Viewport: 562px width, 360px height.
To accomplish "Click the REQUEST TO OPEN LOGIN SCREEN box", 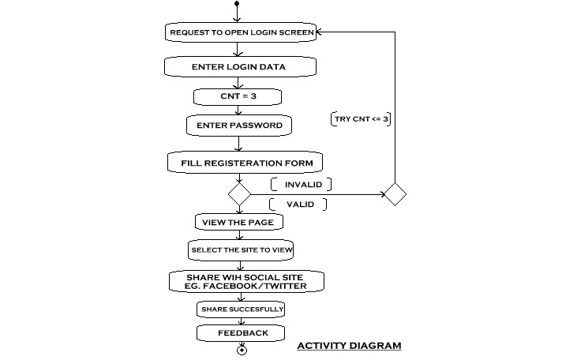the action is [241, 32].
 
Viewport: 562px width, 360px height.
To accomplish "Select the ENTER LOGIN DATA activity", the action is [240, 66].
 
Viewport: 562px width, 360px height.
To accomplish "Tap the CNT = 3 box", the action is [238, 96].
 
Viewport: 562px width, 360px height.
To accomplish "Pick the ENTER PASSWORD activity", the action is [239, 126].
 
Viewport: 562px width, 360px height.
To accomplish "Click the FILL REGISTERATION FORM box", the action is [245, 163].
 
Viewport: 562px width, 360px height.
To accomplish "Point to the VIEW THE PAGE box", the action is [239, 223].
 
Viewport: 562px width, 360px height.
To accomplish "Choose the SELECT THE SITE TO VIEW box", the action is [241, 250].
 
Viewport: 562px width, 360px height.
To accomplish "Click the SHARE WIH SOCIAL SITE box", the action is [246, 282].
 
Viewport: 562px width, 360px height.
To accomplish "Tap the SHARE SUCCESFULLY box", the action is [241, 309].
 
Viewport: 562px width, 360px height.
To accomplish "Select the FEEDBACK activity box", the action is [241, 333].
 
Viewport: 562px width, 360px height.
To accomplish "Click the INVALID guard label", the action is [301, 184].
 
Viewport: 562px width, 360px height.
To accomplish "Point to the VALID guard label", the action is [298, 204].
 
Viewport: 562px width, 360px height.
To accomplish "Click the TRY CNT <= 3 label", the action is [361, 119].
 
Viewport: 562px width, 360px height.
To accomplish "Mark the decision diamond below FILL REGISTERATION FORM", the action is [239, 194].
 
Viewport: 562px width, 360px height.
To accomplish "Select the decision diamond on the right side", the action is [395, 194].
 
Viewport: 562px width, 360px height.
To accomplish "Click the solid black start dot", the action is [237, 4].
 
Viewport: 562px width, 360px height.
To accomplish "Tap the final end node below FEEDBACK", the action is [242, 350].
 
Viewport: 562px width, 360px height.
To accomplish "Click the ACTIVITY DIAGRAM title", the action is [349, 346].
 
